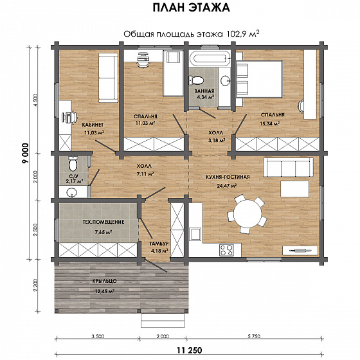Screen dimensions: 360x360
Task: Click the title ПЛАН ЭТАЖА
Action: pyautogui.click(x=192, y=7)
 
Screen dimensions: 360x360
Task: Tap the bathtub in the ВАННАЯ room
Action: pyautogui.click(x=210, y=59)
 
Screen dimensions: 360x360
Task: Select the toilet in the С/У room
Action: pyautogui.click(x=73, y=163)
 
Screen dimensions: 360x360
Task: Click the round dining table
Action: pyautogui.click(x=248, y=213)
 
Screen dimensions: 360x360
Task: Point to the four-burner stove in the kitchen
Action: pyautogui.click(x=226, y=250)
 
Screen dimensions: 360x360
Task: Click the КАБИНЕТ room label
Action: pyautogui.click(x=93, y=125)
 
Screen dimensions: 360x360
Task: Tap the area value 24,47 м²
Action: pyautogui.click(x=227, y=186)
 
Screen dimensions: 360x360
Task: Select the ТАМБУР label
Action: pyautogui.click(x=159, y=244)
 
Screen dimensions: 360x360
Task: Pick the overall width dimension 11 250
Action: pyautogui.click(x=190, y=350)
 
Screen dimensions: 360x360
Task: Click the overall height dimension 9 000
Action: pyautogui.click(x=26, y=153)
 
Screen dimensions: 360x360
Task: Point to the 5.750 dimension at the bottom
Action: pyautogui.click(x=254, y=337)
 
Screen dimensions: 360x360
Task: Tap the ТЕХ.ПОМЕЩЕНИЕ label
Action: pyautogui.click(x=104, y=222)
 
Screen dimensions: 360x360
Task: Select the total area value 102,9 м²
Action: pyautogui.click(x=243, y=33)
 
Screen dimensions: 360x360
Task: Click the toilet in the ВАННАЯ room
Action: pyautogui.click(x=196, y=80)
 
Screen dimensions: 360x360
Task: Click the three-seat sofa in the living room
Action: pyautogui.click(x=289, y=167)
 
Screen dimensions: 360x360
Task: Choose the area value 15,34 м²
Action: pyautogui.click(x=269, y=123)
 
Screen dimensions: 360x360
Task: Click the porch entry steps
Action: pyautogui.click(x=163, y=320)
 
